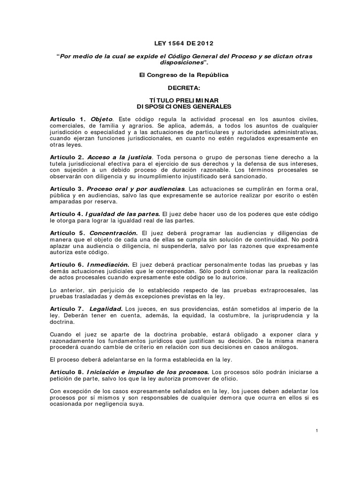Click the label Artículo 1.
click(68, 120)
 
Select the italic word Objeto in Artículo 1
click(102, 120)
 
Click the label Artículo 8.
click(68, 372)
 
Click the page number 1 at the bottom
click(317, 431)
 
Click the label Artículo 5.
click(68, 233)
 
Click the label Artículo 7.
click(68, 308)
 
